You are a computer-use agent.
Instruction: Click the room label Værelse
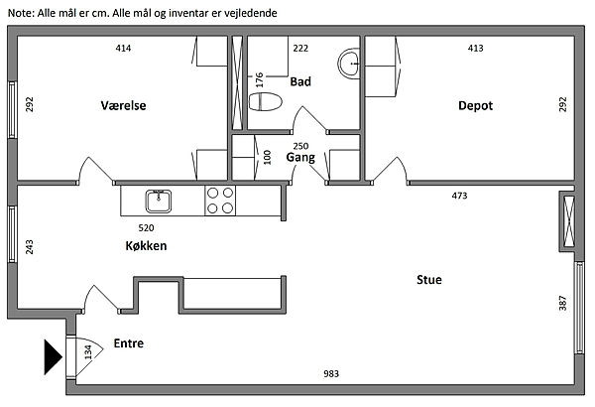pyautogui.click(x=123, y=106)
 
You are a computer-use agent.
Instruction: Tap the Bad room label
pyautogui.click(x=300, y=82)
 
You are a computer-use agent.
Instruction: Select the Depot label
pyautogui.click(x=475, y=106)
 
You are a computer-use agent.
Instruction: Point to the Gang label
pyautogui.click(x=300, y=158)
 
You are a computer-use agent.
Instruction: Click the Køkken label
pyautogui.click(x=146, y=246)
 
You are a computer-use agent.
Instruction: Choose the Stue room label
pyautogui.click(x=428, y=281)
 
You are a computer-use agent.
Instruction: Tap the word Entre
pyautogui.click(x=129, y=344)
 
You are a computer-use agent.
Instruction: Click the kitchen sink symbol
pyautogui.click(x=158, y=202)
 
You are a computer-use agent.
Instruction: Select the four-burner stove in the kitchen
pyautogui.click(x=220, y=202)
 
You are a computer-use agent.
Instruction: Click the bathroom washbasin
pyautogui.click(x=350, y=64)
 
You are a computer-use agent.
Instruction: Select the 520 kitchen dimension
pyautogui.click(x=146, y=227)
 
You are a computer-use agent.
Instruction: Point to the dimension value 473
pyautogui.click(x=459, y=197)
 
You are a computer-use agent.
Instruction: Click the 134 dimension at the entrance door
pyautogui.click(x=88, y=352)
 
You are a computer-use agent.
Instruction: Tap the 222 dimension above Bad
pyautogui.click(x=300, y=48)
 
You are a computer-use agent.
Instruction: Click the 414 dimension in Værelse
pyautogui.click(x=123, y=48)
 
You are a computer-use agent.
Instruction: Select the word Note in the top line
pyautogui.click(x=19, y=12)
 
